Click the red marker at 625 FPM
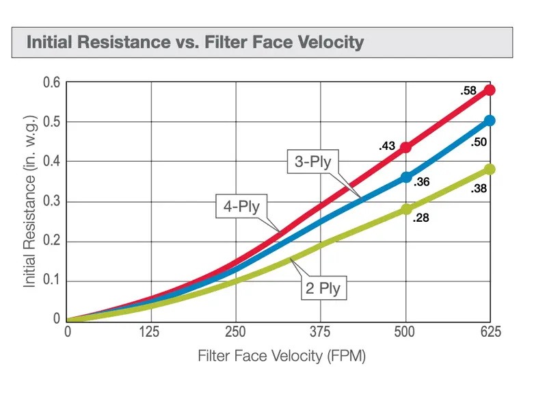[x=490, y=90]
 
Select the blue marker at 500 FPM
[x=406, y=177]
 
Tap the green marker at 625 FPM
[x=490, y=169]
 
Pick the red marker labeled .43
[x=405, y=147]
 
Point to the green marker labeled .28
[x=406, y=209]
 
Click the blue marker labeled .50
[x=490, y=120]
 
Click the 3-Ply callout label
[x=313, y=162]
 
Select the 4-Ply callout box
[x=241, y=206]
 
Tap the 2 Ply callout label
[x=323, y=288]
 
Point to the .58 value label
[x=468, y=91]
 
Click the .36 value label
[x=421, y=182]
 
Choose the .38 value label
[x=478, y=188]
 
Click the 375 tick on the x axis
[x=320, y=332]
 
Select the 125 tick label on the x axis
[x=149, y=332]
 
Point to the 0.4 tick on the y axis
[x=52, y=162]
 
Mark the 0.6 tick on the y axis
[x=52, y=82]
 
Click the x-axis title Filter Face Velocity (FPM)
[x=282, y=356]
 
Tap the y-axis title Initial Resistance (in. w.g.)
[x=29, y=201]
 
